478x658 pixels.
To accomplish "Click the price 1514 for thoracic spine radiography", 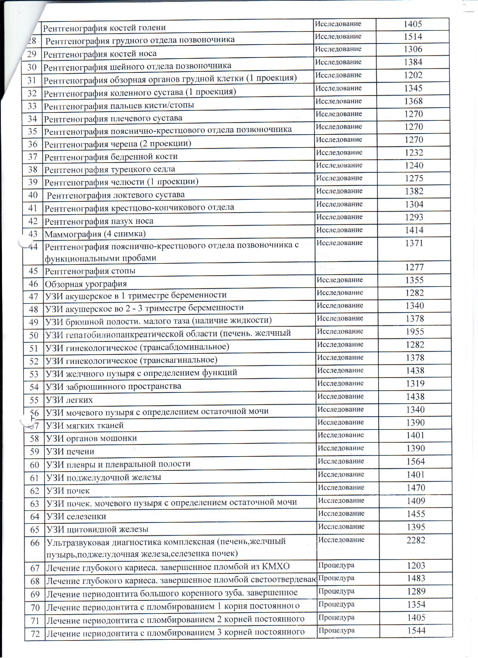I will coord(413,37).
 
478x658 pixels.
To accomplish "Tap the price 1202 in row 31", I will coord(413,75).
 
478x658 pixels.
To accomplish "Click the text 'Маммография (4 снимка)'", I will coord(95,234).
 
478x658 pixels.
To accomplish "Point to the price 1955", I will coord(415,331).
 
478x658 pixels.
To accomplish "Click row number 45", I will coord(33,271).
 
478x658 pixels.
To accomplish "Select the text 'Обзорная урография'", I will coord(86,284).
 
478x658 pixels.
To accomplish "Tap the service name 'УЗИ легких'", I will coord(69,400).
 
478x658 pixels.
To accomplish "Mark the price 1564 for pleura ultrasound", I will coord(416,461).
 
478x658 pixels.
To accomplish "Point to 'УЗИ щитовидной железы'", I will coord(97,529).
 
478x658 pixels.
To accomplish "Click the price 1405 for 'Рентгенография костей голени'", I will coord(413,24).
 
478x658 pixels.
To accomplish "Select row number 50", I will coord(34,335).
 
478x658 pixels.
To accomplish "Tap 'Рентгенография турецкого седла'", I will coord(110,169).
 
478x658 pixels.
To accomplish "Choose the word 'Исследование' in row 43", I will coord(339,230).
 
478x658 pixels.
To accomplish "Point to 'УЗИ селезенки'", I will coord(76,516).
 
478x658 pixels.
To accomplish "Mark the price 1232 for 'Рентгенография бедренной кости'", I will coord(414,153).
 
